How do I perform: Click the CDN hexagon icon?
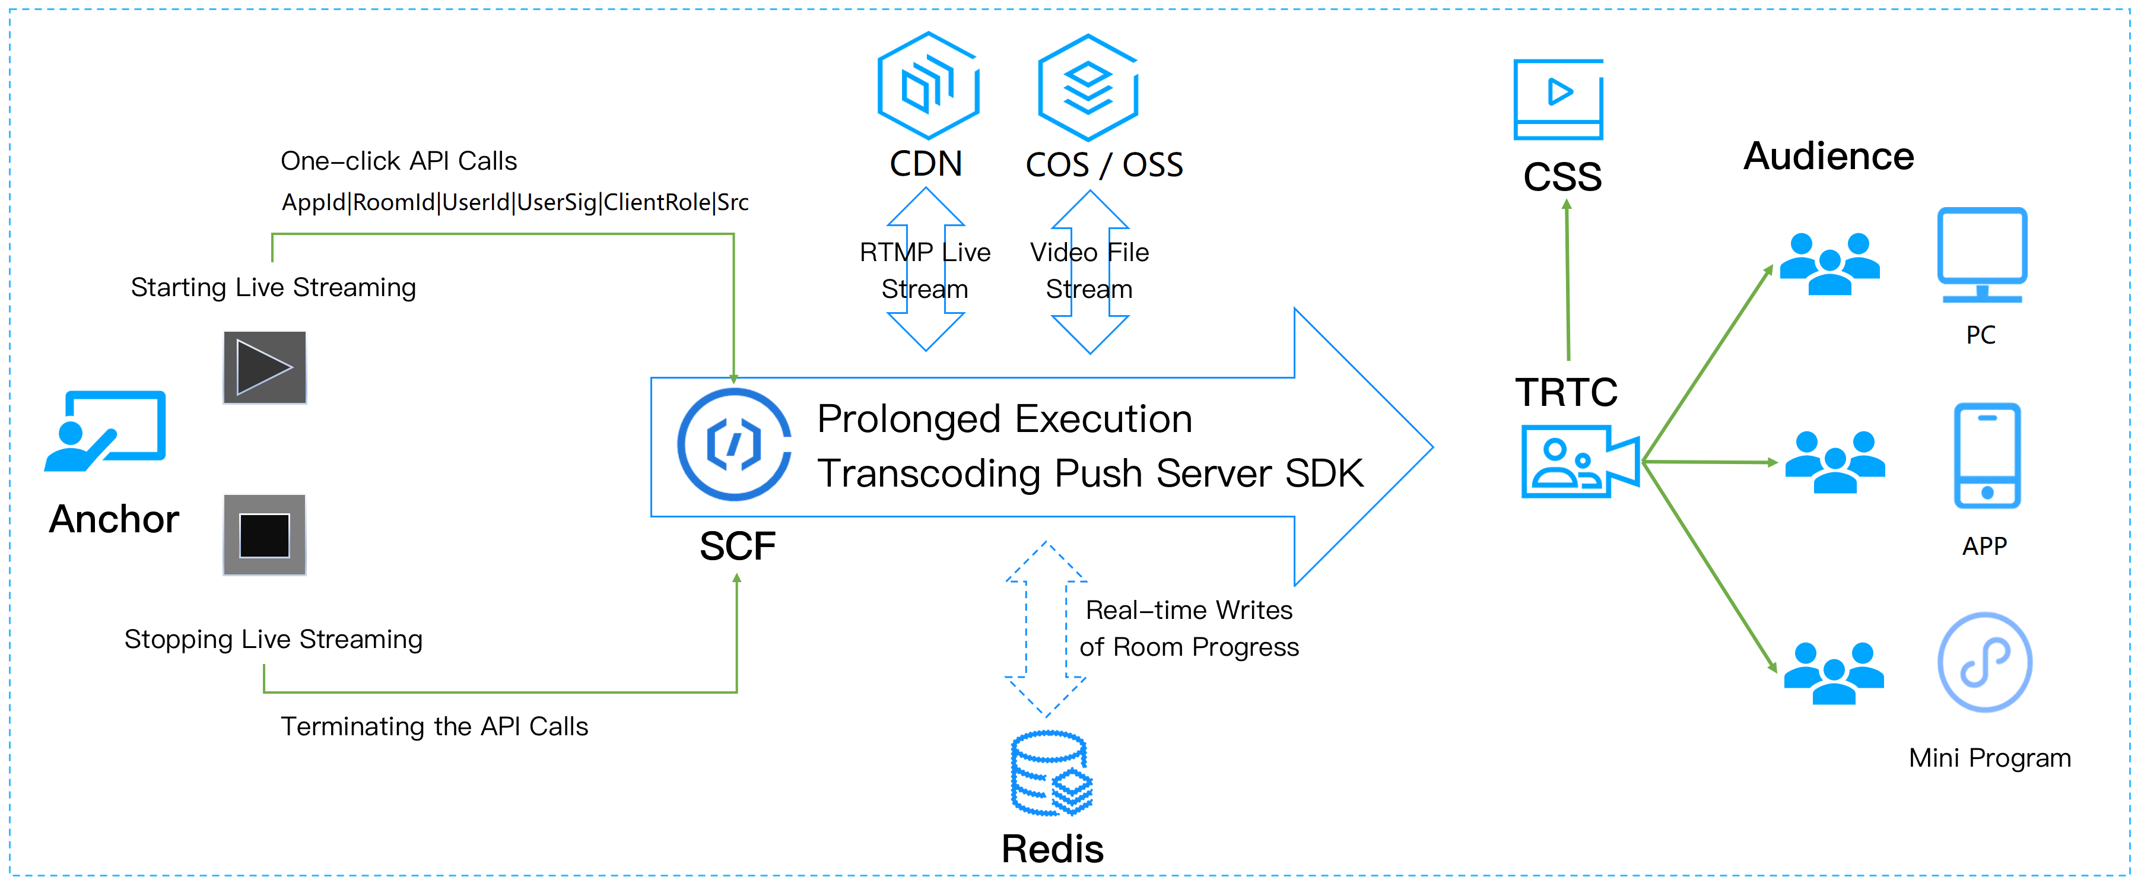tap(928, 85)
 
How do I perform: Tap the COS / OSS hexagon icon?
tap(1088, 87)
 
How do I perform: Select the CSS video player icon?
tap(1558, 99)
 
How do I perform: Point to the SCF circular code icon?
tap(734, 444)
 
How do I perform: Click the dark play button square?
tap(264, 367)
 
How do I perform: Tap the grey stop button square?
tap(264, 535)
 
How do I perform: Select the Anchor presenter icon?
tap(106, 431)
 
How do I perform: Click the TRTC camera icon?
tap(1579, 462)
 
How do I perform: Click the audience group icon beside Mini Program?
tap(1834, 673)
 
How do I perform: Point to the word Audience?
tap(1828, 156)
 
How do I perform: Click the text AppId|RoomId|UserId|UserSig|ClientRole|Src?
tap(514, 202)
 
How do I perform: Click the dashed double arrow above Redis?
tap(1046, 630)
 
